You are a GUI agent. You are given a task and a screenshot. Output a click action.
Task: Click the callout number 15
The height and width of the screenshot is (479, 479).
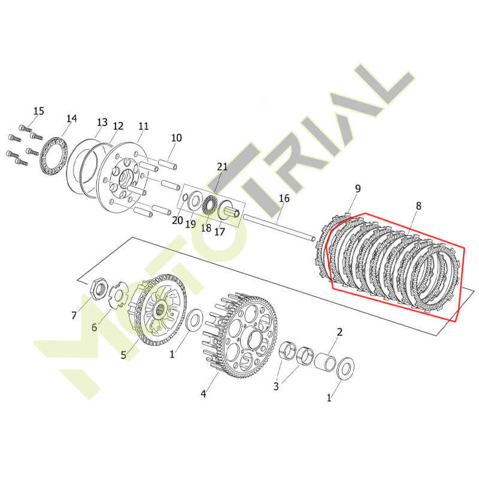pyautogui.click(x=39, y=111)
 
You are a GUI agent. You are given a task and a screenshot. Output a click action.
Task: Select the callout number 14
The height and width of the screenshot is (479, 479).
pyautogui.click(x=72, y=119)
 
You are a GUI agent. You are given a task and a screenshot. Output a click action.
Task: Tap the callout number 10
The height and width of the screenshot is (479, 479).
pyautogui.click(x=176, y=138)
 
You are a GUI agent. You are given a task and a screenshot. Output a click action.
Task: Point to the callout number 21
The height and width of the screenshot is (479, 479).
pyautogui.click(x=222, y=166)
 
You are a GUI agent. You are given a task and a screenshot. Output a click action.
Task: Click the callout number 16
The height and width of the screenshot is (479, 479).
pyautogui.click(x=284, y=198)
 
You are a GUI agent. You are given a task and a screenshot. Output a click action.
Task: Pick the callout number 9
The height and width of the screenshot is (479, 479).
pyautogui.click(x=357, y=189)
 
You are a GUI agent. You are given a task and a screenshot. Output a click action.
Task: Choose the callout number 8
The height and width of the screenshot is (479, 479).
pyautogui.click(x=419, y=206)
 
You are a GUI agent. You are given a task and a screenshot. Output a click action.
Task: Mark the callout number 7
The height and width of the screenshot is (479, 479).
pyautogui.click(x=74, y=316)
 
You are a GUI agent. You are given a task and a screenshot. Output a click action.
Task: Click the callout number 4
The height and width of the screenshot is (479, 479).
pyautogui.click(x=204, y=394)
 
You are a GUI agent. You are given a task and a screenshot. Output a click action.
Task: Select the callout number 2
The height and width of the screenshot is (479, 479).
pyautogui.click(x=339, y=332)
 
